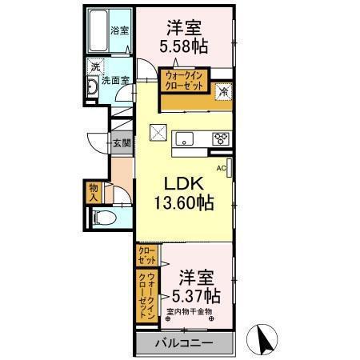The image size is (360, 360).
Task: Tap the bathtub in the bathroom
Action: pos(101,32)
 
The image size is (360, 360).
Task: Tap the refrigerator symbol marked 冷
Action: pos(223,91)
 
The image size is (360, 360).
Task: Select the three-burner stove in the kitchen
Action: pos(220,139)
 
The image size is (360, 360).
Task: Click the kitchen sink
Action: pos(182,138)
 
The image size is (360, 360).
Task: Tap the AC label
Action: pos(221,168)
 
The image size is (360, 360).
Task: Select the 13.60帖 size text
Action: pos(183,203)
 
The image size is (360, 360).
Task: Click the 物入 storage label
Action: pos(94,192)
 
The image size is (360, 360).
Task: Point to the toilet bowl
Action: pos(102,217)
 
